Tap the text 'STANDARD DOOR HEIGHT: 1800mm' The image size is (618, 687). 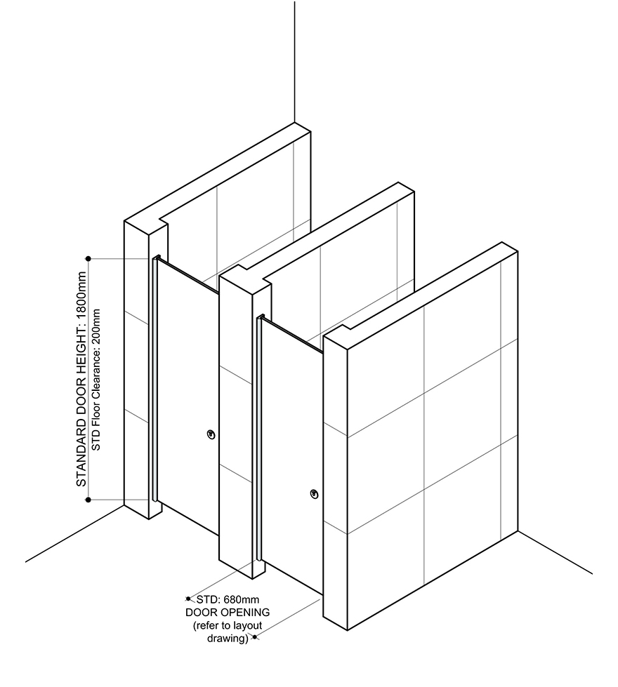(x=81, y=379)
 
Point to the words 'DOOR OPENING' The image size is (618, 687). (x=218, y=613)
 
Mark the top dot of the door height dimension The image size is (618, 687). (x=88, y=258)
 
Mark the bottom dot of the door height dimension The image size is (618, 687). (x=88, y=500)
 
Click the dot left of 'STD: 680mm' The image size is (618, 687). (x=188, y=599)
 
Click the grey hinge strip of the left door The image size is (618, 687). (x=153, y=379)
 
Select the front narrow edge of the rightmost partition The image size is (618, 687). (x=335, y=484)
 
